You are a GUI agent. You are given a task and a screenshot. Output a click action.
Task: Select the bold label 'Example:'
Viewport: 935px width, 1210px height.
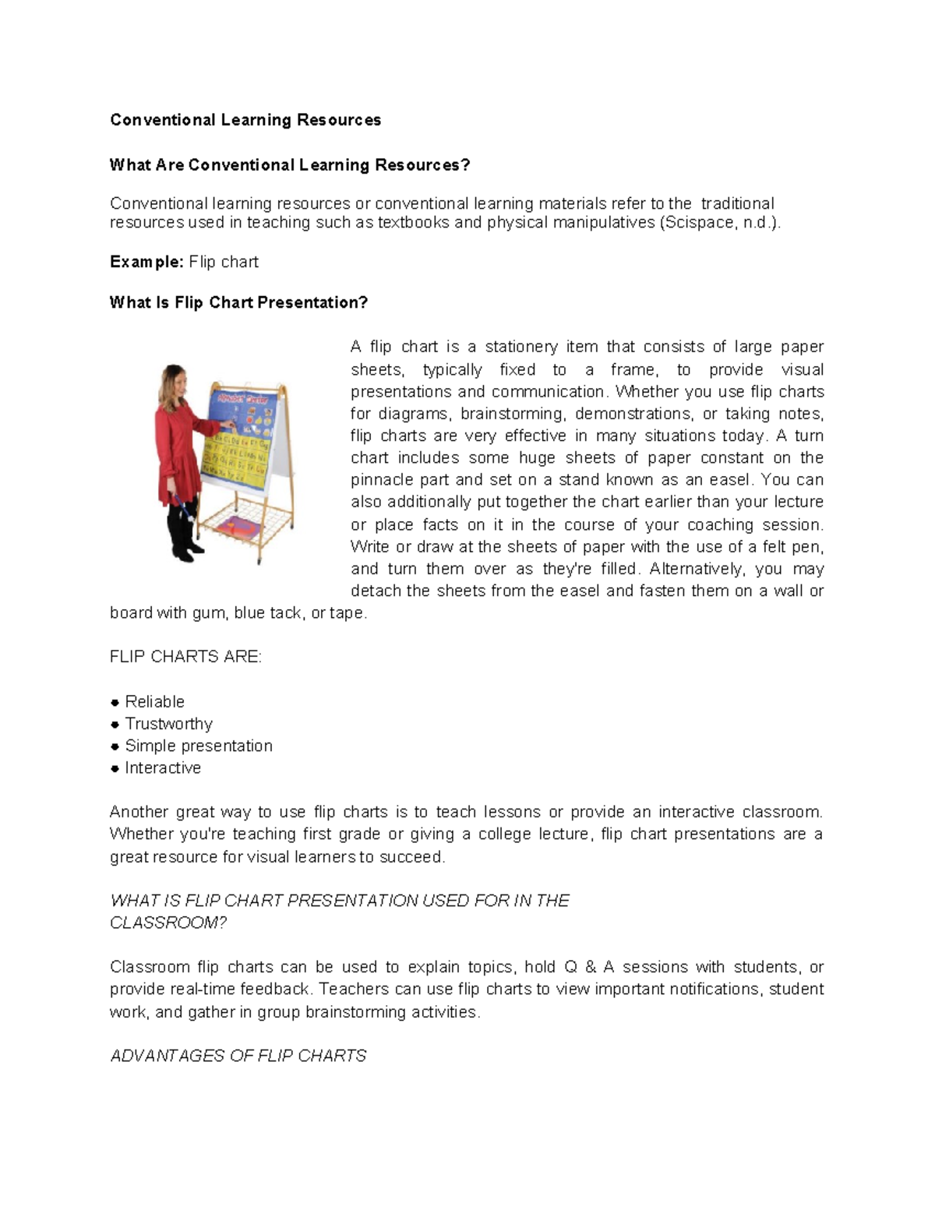click(146, 262)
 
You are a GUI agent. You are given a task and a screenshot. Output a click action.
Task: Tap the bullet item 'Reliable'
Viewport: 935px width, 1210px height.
click(155, 701)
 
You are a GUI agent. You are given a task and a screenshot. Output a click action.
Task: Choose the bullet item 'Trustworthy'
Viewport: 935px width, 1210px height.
click(168, 724)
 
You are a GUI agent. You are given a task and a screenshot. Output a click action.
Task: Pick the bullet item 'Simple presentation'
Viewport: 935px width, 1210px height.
click(199, 746)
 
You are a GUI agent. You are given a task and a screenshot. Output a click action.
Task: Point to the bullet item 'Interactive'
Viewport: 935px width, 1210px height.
click(163, 768)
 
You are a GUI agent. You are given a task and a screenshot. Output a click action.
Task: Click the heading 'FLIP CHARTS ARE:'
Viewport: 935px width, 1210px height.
click(185, 657)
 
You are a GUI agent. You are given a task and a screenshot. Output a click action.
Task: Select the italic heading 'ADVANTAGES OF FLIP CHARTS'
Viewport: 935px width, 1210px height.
click(238, 1056)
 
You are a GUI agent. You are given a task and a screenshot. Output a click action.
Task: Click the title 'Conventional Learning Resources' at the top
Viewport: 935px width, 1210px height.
click(245, 120)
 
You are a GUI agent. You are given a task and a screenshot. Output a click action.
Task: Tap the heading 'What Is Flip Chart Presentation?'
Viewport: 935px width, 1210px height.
click(238, 302)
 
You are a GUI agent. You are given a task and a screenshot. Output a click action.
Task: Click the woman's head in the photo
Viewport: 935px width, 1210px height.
click(174, 380)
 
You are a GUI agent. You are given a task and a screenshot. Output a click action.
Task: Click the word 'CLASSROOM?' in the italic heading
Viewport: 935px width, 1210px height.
click(168, 922)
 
